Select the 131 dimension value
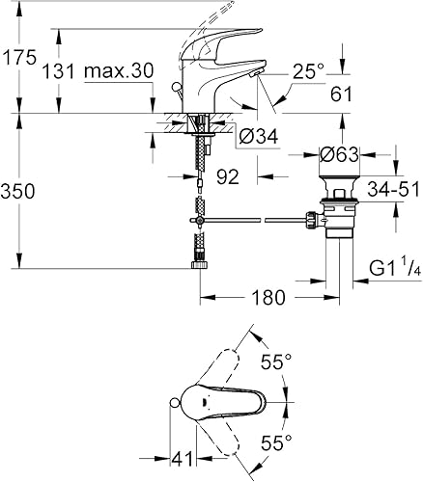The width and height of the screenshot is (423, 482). click(x=60, y=72)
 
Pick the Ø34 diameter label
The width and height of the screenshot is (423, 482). click(x=257, y=137)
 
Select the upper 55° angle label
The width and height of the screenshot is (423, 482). click(x=275, y=361)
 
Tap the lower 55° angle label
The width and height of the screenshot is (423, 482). click(x=275, y=443)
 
